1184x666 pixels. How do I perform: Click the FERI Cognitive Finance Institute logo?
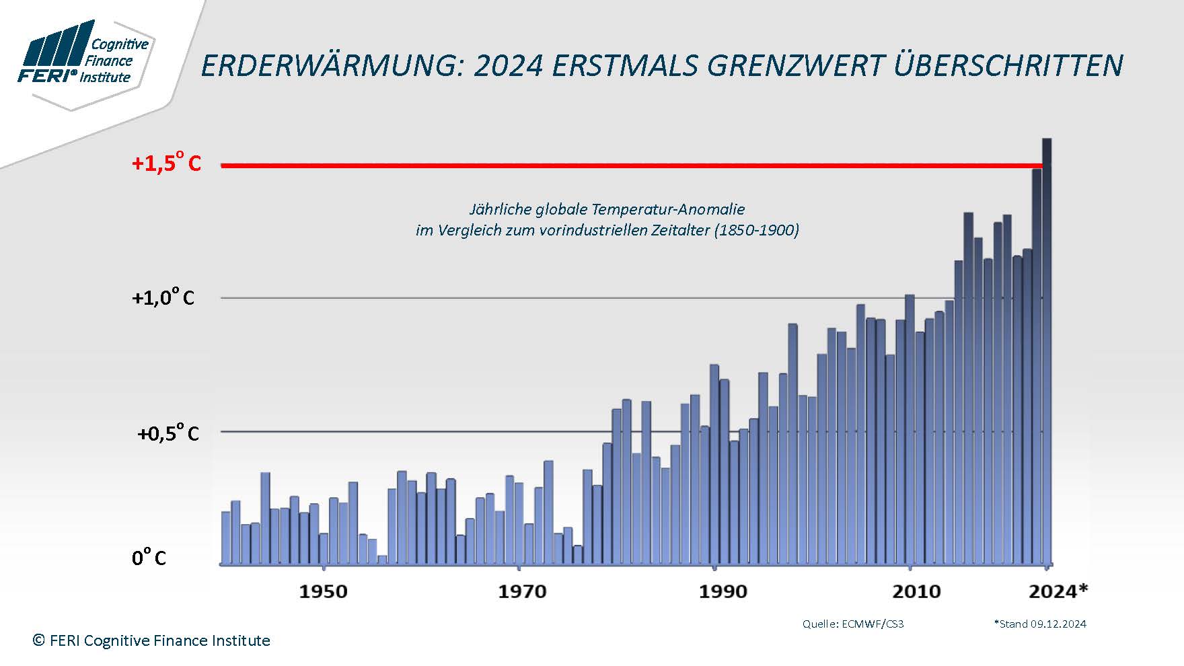click(x=84, y=57)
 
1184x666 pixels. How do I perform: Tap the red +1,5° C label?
click(x=166, y=163)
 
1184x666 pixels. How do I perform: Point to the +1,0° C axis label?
click(x=163, y=297)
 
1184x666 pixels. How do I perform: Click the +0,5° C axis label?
click(x=168, y=433)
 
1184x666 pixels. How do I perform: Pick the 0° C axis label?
click(x=149, y=558)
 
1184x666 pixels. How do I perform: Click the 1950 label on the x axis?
click(x=323, y=592)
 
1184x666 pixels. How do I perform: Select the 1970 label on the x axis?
click(x=522, y=592)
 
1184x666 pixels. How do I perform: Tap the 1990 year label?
click(x=723, y=592)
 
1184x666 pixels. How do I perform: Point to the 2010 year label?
click(x=916, y=592)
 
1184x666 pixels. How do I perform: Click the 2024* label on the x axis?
click(x=1058, y=592)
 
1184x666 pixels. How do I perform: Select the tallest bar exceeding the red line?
click(x=1047, y=350)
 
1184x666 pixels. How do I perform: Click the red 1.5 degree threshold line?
click(x=605, y=165)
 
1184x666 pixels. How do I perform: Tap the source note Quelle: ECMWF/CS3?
click(x=853, y=624)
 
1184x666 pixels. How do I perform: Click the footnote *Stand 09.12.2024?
click(x=1040, y=624)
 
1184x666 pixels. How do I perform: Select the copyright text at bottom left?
click(x=151, y=640)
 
